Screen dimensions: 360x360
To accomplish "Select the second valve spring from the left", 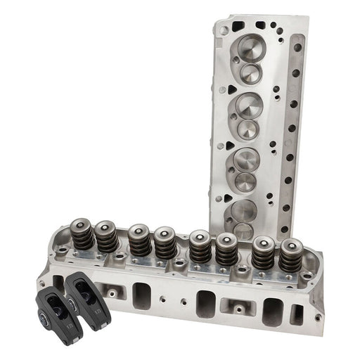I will tap(108, 238).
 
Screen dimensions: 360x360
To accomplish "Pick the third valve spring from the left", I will tap(138, 240).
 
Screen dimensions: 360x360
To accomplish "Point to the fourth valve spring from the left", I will tap(166, 243).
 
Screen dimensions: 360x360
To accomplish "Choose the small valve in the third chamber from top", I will tap(246, 181).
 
